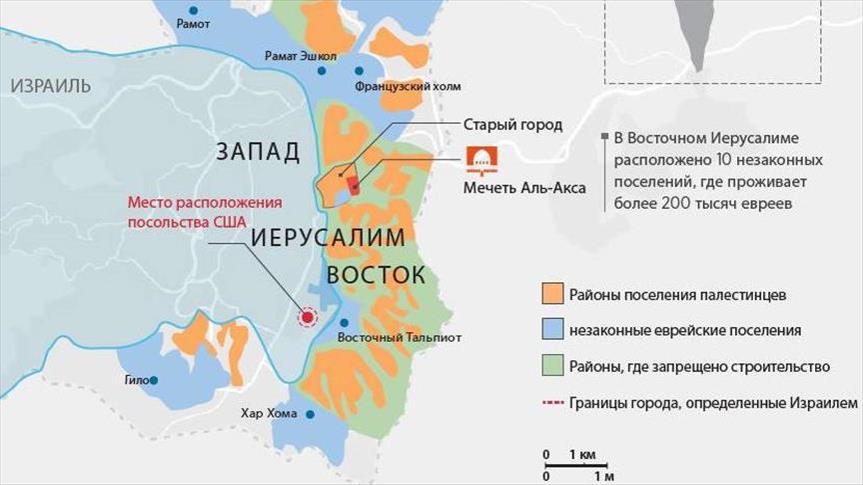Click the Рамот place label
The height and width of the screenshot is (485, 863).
click(x=192, y=23)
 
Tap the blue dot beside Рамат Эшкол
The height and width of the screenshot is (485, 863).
click(x=322, y=71)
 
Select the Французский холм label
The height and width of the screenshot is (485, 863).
click(x=394, y=88)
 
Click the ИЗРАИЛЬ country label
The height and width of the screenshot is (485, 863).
click(x=51, y=85)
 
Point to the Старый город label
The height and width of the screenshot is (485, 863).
click(x=512, y=125)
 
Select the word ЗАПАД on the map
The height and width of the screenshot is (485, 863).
click(x=257, y=152)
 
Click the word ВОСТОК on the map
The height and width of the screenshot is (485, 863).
click(x=375, y=275)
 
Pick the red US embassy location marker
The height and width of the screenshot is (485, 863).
click(x=309, y=317)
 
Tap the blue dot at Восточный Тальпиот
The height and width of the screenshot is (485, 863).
click(x=343, y=322)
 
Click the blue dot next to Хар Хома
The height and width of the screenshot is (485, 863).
click(x=310, y=414)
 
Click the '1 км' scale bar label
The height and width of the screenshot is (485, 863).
click(x=582, y=455)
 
